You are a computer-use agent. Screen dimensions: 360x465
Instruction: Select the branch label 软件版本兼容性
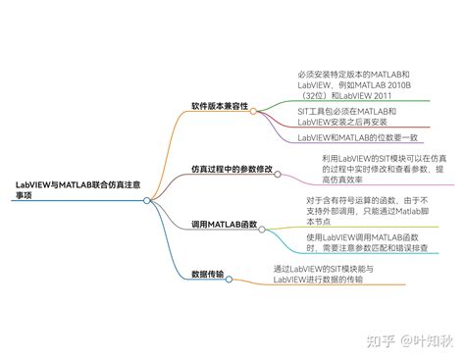coord(220,106)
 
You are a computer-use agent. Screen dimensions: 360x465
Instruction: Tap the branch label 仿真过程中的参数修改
coord(232,169)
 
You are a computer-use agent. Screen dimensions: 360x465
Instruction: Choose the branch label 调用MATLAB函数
coord(225,225)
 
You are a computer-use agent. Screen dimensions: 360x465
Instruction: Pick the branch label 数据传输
coord(207,274)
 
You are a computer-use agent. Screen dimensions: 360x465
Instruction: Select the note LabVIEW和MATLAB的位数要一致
coord(357,137)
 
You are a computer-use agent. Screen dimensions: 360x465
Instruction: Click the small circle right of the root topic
coord(147,200)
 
